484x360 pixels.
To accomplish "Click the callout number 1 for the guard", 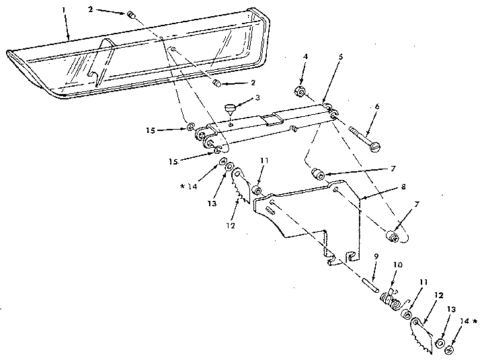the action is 64,9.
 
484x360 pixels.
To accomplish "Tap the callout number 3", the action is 257,98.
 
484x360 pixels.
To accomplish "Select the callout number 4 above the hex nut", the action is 305,56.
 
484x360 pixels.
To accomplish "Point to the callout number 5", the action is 340,57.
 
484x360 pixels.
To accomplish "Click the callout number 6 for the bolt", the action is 377,107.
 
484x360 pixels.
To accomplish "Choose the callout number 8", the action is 403,187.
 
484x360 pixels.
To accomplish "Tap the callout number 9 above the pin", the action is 376,257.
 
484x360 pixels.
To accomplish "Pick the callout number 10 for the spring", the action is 398,265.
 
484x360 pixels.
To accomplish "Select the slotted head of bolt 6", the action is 375,147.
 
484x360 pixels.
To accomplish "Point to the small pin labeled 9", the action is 370,285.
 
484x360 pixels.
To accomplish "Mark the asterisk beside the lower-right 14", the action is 475,322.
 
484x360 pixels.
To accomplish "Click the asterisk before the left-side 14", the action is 183,186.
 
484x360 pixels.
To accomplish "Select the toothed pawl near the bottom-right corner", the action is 421,336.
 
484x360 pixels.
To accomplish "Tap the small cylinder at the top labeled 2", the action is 130,15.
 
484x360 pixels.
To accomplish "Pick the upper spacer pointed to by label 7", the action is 317,174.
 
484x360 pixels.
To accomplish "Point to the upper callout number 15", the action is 151,130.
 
